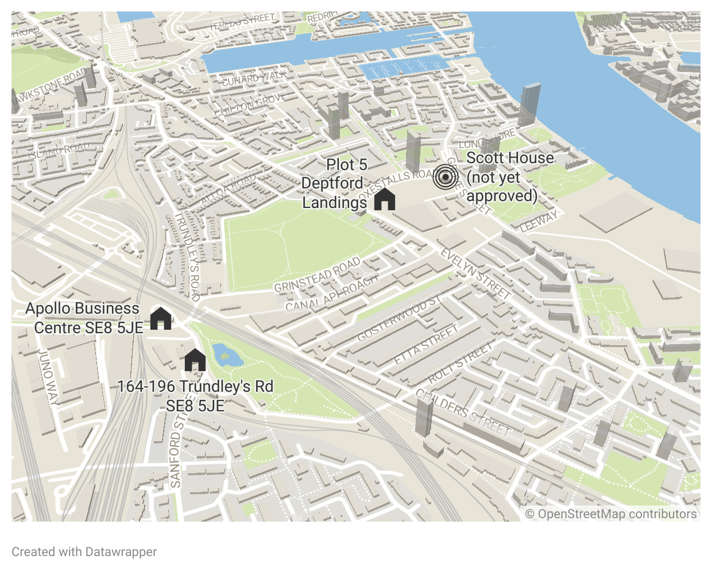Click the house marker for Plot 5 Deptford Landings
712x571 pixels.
pos(385,199)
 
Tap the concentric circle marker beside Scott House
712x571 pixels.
pos(446,177)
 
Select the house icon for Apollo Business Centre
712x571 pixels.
pos(161,318)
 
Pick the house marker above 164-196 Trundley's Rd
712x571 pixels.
pos(195,360)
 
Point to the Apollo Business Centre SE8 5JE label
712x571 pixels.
pos(84,318)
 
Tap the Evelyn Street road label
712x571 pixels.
pos(475,273)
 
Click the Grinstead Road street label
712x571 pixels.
pos(317,275)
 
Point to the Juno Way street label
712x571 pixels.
pos(48,377)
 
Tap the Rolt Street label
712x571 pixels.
pos(461,363)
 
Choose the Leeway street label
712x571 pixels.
pos(539,221)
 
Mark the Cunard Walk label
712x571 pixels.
pos(253,78)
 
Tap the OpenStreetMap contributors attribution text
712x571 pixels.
pos(611,514)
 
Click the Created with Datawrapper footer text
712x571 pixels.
pos(84,552)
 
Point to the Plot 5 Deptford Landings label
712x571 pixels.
pos(335,183)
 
